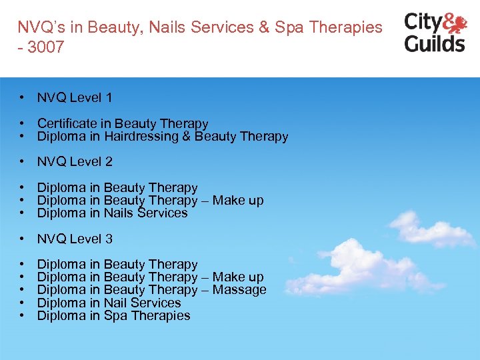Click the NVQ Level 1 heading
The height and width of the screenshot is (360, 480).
coord(75,97)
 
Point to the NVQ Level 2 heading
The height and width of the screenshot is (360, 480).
coord(75,161)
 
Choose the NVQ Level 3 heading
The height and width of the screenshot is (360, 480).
coord(75,239)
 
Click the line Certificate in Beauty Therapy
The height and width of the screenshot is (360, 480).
coord(123,123)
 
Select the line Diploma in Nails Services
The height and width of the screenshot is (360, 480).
coord(112,213)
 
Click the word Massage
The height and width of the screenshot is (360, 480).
coord(241,289)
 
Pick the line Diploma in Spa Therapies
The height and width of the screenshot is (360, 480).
coord(113,315)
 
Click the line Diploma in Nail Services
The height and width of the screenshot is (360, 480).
coord(109,303)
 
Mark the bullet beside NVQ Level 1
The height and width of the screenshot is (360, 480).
coord(23,97)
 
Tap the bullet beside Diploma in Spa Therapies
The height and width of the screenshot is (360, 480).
coord(23,315)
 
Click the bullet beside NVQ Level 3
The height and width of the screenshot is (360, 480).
coord(23,239)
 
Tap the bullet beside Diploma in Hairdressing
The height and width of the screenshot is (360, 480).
coord(23,137)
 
